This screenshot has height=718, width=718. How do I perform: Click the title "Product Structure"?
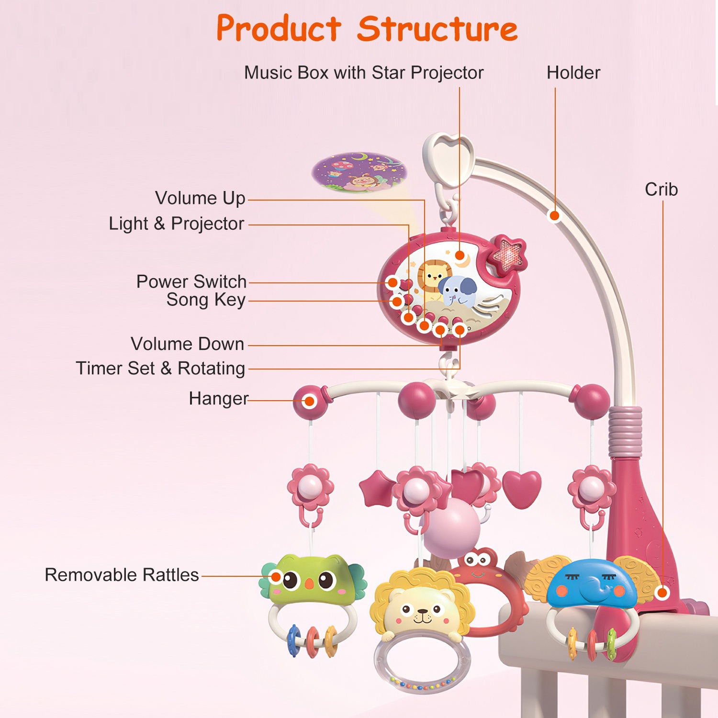[x=367, y=29]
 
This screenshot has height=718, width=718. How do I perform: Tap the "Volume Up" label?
[x=200, y=198]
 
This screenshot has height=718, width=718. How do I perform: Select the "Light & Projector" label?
[x=177, y=224]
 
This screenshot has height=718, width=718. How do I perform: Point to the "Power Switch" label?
[x=191, y=281]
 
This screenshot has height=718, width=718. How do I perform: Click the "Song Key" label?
[x=206, y=300]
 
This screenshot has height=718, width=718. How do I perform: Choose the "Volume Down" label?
[x=188, y=344]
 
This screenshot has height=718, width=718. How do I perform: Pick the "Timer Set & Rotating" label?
[x=160, y=368]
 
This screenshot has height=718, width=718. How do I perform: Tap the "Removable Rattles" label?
[x=122, y=575]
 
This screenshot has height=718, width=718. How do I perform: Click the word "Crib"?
[x=661, y=190]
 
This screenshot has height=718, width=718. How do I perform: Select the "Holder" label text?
[x=573, y=73]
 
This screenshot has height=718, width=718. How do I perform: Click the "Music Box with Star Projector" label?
[x=364, y=73]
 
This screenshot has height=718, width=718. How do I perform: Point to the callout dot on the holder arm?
[x=554, y=216]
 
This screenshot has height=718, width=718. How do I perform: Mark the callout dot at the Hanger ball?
[x=310, y=401]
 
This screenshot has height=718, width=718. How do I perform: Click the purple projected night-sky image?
[x=359, y=172]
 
